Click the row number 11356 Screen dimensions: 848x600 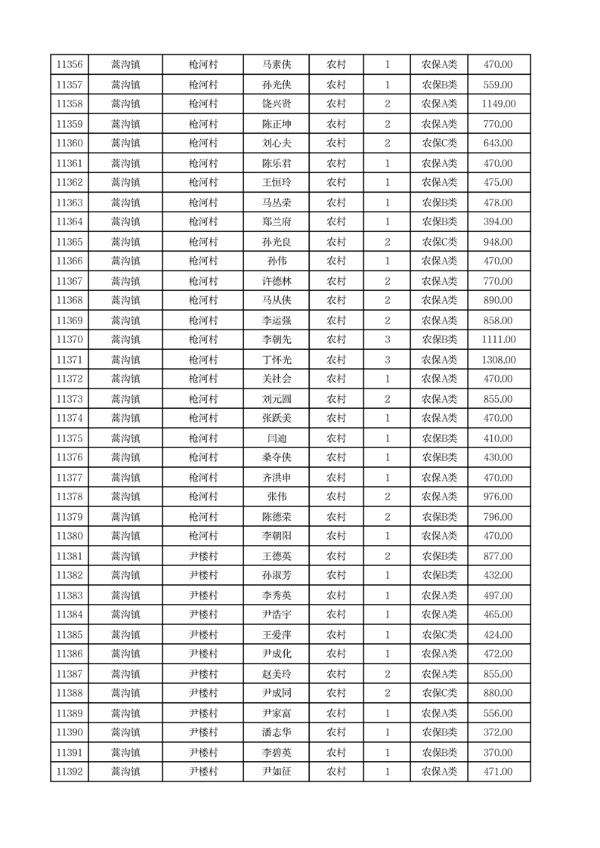(x=70, y=65)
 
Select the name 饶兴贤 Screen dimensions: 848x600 (x=276, y=104)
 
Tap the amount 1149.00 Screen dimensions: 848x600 (x=498, y=104)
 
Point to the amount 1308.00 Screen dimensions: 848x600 (x=498, y=360)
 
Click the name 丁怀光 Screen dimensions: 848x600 (x=276, y=360)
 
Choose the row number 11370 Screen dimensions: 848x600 (x=70, y=340)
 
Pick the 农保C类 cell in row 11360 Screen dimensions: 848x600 (x=439, y=144)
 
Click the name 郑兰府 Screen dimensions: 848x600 (x=276, y=222)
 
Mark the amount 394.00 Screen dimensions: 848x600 (x=498, y=222)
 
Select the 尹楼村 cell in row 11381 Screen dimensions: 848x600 (x=203, y=556)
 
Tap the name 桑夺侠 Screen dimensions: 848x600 (x=276, y=458)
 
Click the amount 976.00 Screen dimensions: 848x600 (x=498, y=497)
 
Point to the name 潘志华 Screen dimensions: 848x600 (x=276, y=732)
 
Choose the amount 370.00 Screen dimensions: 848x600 (x=498, y=753)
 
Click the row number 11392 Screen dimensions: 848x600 (x=70, y=772)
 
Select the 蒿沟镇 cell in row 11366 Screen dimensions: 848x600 (x=125, y=262)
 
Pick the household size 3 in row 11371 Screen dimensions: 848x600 (x=388, y=360)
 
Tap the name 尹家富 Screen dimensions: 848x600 (x=276, y=713)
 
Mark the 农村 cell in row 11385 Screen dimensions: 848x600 (x=336, y=635)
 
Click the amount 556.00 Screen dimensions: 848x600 (x=498, y=713)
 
